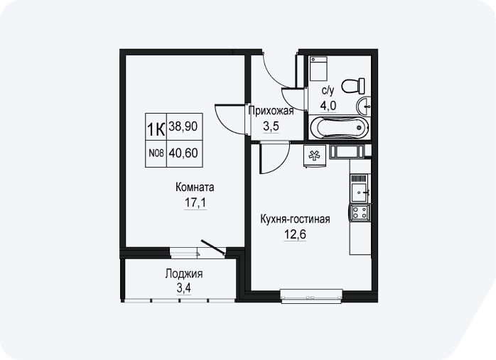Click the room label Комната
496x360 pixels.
click(195, 187)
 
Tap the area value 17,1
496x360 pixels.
click(195, 202)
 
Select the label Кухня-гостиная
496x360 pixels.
click(295, 219)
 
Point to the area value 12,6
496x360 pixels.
click(295, 234)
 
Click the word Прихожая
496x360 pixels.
click(271, 111)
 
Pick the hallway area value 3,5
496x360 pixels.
click(271, 126)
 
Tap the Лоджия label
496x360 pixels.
click(184, 273)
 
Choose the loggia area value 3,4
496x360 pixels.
click(184, 288)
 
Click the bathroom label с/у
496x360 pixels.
click(328, 91)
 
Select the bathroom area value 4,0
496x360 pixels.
click(328, 106)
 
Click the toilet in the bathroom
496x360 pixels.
click(353, 86)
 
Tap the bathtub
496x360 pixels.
click(339, 127)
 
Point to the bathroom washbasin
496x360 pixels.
click(363, 107)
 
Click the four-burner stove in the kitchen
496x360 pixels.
click(360, 212)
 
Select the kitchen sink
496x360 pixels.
click(360, 192)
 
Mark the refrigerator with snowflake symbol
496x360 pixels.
click(314, 156)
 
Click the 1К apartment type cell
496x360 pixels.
click(156, 126)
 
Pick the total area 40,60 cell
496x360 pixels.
click(185, 153)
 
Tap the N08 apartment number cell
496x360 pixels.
click(156, 153)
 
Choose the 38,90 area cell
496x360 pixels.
click(185, 126)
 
